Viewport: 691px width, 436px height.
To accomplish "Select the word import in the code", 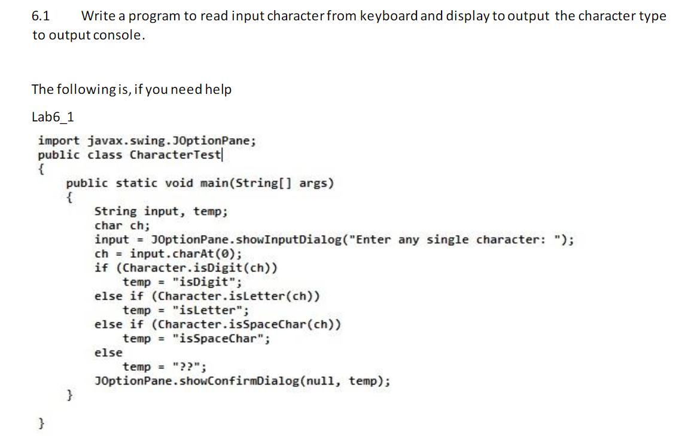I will click(58, 141).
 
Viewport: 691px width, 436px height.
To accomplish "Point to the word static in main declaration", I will click(137, 183).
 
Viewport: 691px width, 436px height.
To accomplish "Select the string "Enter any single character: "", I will click(458, 240).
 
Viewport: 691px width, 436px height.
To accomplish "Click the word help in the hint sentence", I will click(218, 90).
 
